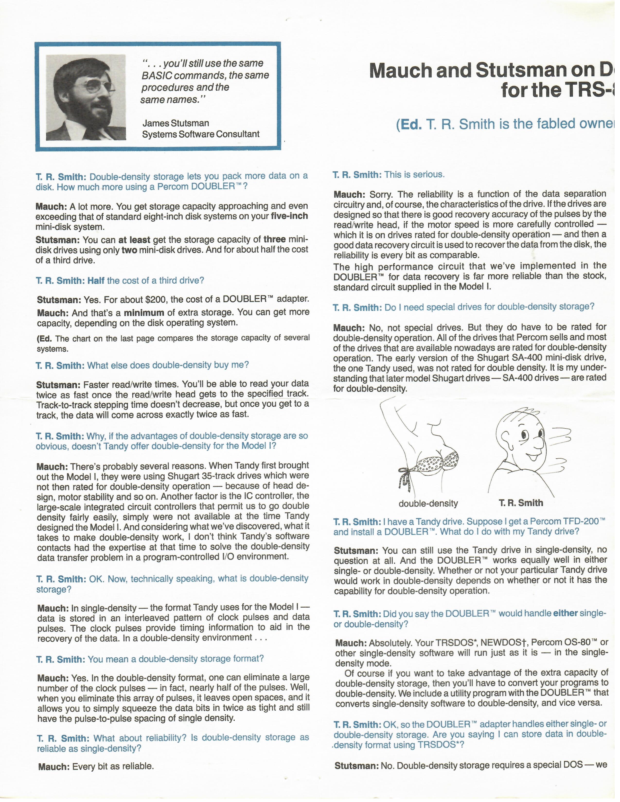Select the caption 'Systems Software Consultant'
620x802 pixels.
click(201, 134)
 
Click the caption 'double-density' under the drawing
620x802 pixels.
click(428, 503)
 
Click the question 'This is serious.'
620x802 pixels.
click(414, 174)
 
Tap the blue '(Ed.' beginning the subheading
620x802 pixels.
click(409, 124)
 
